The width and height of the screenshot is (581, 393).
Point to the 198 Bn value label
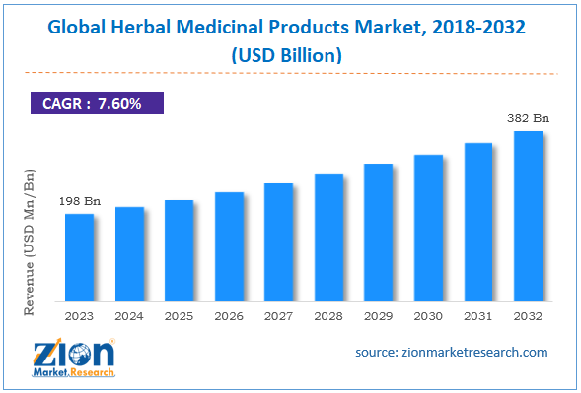point(80,201)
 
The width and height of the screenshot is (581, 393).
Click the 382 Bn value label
point(528,118)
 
